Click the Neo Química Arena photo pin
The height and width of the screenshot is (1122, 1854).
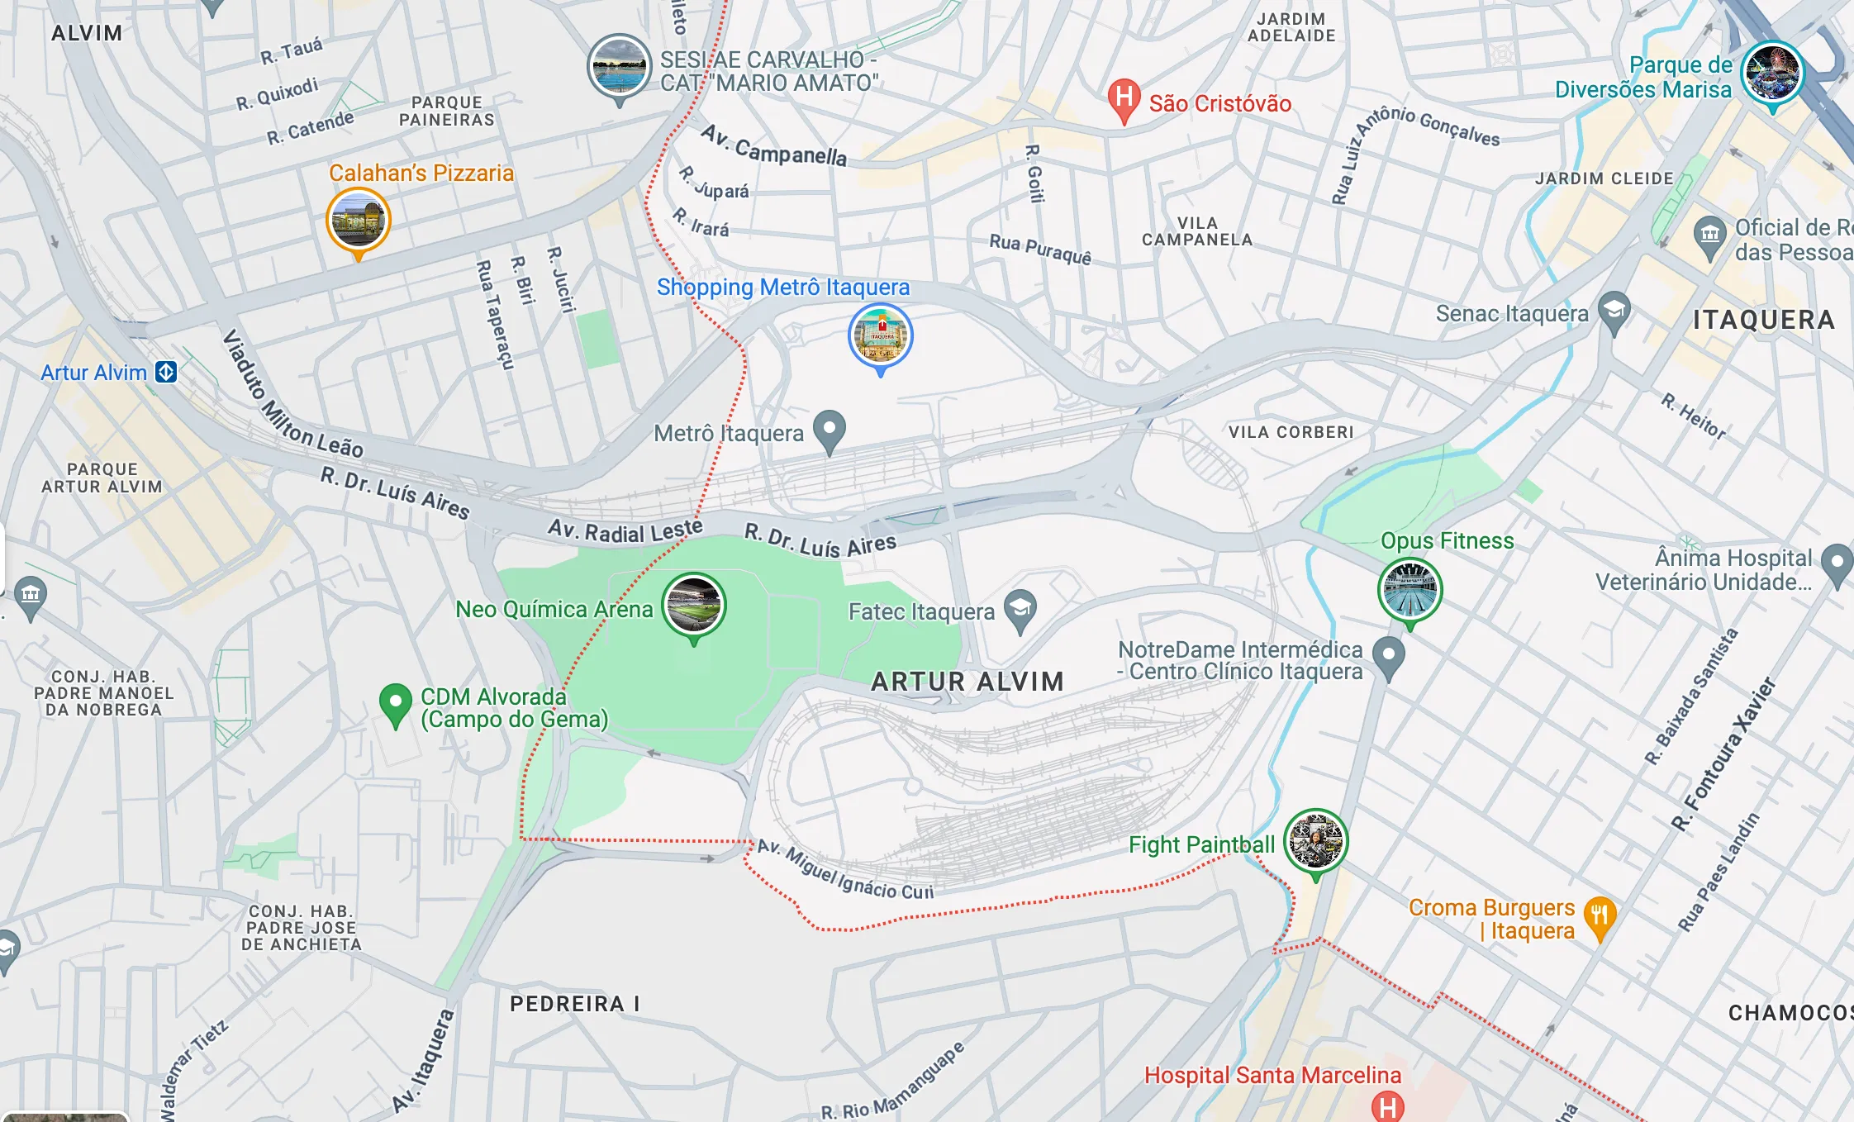click(x=694, y=605)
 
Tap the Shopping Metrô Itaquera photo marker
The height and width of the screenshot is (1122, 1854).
click(x=881, y=335)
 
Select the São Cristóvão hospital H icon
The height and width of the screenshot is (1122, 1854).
click(x=1124, y=98)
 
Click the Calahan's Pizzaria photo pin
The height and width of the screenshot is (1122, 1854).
click(x=358, y=220)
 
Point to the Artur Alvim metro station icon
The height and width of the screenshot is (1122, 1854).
click(x=166, y=372)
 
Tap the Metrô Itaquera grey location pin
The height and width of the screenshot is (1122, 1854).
click(x=830, y=430)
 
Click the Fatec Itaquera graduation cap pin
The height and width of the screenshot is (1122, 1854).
click(x=1020, y=610)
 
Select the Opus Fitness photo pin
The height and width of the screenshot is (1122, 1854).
click(x=1410, y=590)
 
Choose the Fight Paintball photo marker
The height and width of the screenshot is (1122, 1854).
click(x=1315, y=841)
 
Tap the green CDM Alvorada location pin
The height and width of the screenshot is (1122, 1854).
click(x=395, y=703)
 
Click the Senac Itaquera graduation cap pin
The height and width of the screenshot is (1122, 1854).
click(x=1614, y=311)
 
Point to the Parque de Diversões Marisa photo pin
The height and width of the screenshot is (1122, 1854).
click(x=1772, y=73)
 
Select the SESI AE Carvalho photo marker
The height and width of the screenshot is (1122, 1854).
click(x=619, y=66)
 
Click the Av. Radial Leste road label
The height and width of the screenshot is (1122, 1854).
click(x=625, y=530)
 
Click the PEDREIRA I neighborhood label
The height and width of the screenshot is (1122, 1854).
click(x=574, y=1004)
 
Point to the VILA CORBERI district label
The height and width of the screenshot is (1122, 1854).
click(x=1291, y=432)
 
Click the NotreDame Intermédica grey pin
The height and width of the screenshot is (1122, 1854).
click(x=1388, y=656)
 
